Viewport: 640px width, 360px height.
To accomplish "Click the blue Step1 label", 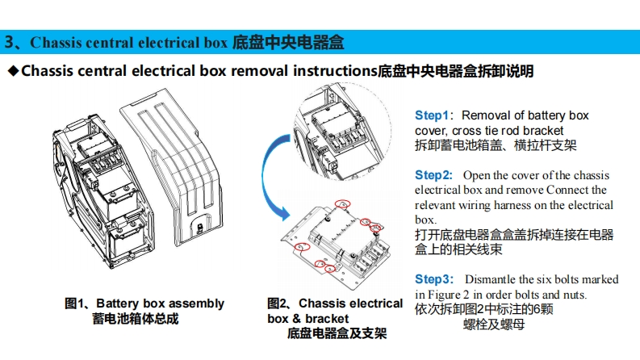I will coord(432,115).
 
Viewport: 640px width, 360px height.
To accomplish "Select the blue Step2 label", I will coord(433,175).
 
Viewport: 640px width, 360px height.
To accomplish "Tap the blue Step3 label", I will coord(433,279).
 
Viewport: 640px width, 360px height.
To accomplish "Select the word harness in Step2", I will coord(533,205).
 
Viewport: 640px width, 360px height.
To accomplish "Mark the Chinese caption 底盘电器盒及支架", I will coord(337,333).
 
